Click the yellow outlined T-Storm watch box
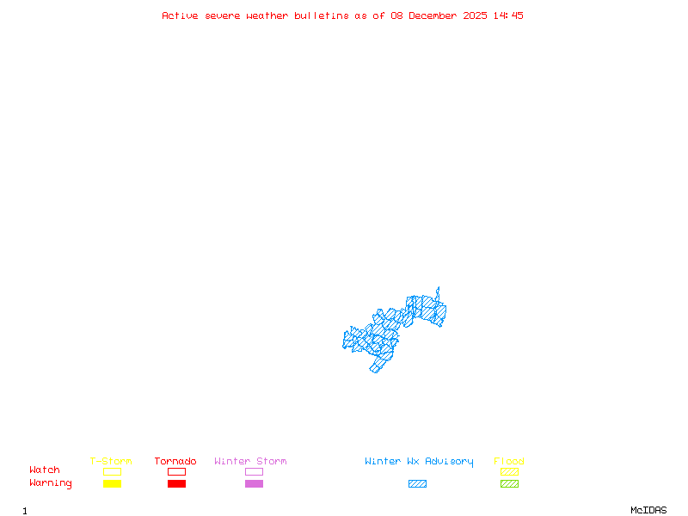[x=112, y=471]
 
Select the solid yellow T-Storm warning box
[x=112, y=483]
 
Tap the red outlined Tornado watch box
[x=176, y=471]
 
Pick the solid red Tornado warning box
[x=176, y=483]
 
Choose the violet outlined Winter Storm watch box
[x=254, y=471]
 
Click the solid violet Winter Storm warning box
[x=254, y=483]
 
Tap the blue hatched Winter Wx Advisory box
[x=417, y=483]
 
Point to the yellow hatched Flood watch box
[x=509, y=471]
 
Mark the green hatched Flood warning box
[x=509, y=483]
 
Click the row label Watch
[x=45, y=470]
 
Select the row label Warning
[x=51, y=483]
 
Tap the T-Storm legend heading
[x=111, y=461]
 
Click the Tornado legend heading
[x=175, y=461]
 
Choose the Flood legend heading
[x=509, y=461]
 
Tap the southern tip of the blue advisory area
[x=374, y=372]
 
